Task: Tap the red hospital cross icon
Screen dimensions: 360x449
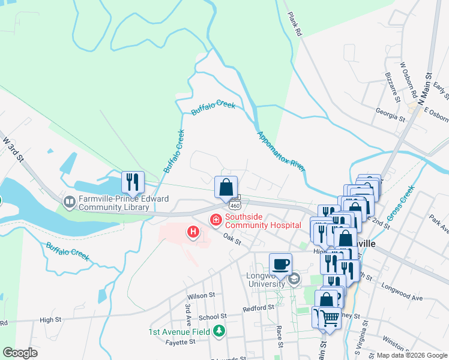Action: click(215, 221)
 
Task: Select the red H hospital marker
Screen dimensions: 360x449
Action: click(193, 231)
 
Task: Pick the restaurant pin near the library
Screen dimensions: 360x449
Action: click(132, 182)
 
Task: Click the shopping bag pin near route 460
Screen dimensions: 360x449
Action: click(226, 186)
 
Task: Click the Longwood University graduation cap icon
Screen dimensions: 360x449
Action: click(294, 278)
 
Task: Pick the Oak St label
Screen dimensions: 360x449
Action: click(232, 241)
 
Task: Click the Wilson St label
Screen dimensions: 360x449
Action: click(201, 296)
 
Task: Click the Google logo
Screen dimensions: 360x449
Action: click(20, 353)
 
